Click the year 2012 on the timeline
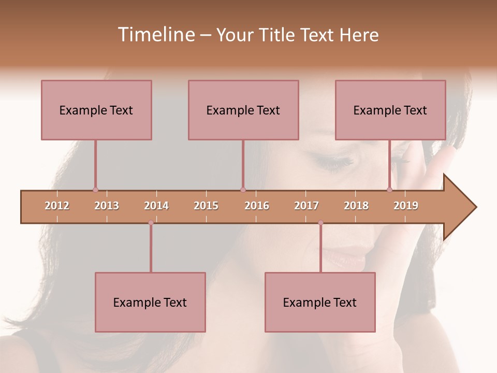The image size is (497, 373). click(x=57, y=206)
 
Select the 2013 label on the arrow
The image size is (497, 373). click(x=107, y=206)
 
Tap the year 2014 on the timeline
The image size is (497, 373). click(x=156, y=206)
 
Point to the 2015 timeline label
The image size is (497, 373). click(x=206, y=206)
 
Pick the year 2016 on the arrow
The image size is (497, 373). click(x=257, y=206)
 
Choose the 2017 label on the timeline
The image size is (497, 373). click(x=306, y=206)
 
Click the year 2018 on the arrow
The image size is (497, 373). click(x=356, y=206)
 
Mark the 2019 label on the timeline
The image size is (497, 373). click(x=406, y=206)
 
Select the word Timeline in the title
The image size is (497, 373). click(x=155, y=35)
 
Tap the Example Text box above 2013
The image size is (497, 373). click(x=96, y=110)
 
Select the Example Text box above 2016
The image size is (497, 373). click(x=243, y=110)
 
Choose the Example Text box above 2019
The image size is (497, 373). click(x=390, y=110)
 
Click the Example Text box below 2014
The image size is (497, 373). click(x=150, y=302)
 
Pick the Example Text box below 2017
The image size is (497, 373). click(x=320, y=302)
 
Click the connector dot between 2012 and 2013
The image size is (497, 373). click(x=95, y=190)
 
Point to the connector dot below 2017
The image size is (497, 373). click(x=320, y=223)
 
